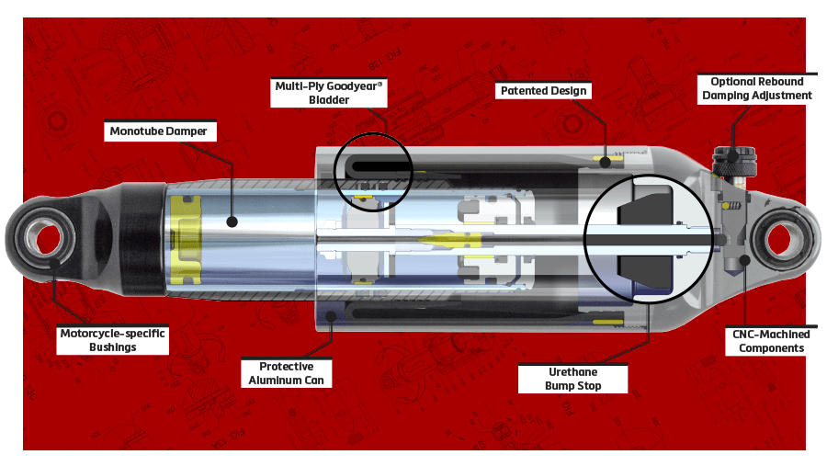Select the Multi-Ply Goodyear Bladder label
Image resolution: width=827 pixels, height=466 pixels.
point(329,93)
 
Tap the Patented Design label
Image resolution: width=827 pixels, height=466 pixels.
point(543,91)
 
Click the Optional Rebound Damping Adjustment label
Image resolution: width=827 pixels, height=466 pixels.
point(757,88)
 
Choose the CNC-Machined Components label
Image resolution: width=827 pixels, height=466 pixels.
point(771,341)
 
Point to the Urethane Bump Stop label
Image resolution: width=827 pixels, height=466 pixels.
point(572,379)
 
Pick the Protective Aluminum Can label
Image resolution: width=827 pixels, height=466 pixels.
point(287,373)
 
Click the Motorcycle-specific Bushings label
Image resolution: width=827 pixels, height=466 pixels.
point(112,340)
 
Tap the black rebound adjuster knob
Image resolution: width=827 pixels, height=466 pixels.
point(735,161)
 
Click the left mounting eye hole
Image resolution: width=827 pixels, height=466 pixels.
point(49,239)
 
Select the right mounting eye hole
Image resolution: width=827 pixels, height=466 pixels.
point(779,240)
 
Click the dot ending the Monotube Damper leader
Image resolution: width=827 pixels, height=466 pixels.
point(232,222)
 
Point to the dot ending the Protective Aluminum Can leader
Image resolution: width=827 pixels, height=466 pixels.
point(331,316)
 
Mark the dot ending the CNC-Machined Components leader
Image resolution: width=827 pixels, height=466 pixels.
point(744,259)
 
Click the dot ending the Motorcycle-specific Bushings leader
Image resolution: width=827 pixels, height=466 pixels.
point(53,264)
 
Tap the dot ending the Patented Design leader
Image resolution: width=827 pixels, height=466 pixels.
point(606,163)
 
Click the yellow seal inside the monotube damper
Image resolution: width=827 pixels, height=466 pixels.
point(186,240)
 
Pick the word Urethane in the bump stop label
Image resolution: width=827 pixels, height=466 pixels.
point(572,372)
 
